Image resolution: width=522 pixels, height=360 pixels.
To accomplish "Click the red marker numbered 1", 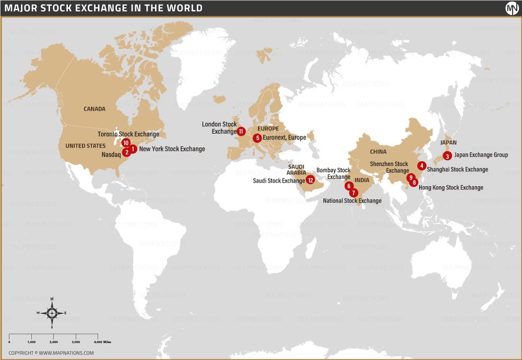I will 134,149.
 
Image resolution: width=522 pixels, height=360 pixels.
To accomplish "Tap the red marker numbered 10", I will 125,142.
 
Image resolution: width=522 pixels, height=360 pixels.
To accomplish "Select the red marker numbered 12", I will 310,180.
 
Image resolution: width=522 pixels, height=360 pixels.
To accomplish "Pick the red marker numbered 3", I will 447,155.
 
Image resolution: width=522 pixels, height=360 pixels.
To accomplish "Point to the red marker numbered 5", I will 257,138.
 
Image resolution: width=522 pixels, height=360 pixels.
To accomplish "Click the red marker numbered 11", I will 241,131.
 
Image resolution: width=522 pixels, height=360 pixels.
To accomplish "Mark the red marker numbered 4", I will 422,165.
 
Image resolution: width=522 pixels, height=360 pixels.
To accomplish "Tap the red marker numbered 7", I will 354,193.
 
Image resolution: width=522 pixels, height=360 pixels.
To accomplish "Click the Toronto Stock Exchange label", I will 128,134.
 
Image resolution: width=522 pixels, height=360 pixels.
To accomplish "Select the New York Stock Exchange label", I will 172,149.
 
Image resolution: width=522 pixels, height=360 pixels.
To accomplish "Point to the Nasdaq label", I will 111,154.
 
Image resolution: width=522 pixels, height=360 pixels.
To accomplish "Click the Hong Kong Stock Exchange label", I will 450,187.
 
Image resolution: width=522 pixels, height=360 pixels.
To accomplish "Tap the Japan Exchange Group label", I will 481,155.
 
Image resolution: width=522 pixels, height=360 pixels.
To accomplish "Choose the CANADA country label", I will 94,109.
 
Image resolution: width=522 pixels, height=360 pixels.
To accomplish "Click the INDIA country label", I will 362,180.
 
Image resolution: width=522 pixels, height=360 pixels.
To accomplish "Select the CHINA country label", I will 378,152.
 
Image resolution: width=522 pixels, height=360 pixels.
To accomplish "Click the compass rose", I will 52,313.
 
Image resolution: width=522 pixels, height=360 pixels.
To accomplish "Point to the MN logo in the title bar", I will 511,8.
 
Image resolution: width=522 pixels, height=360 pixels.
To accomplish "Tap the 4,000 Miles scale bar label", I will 103,342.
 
